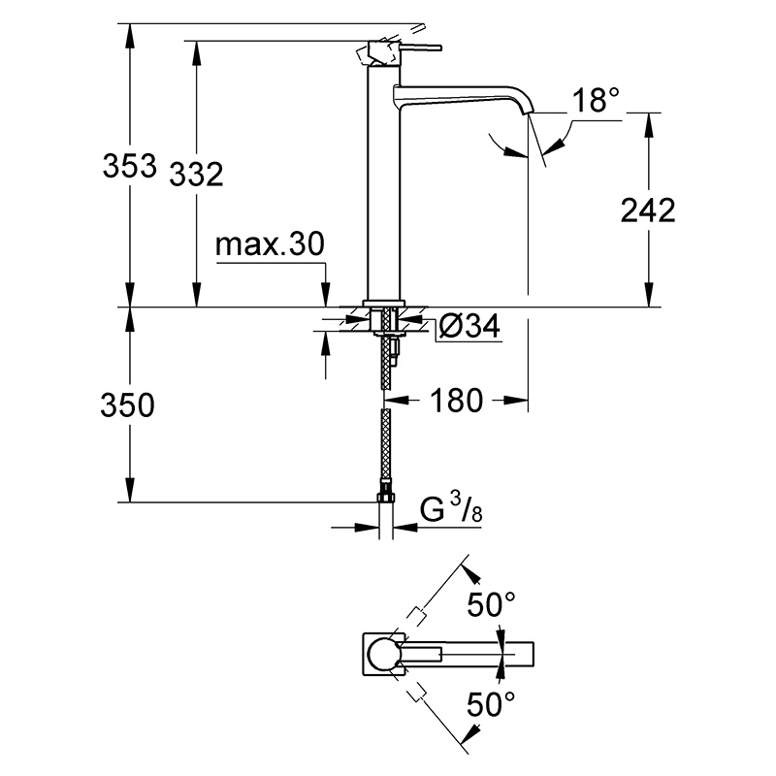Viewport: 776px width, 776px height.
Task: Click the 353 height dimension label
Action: [x=129, y=166]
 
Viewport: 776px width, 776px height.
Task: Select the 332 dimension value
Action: [x=196, y=175]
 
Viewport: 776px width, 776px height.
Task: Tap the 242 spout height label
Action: [x=648, y=210]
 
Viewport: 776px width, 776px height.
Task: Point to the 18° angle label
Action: [x=596, y=100]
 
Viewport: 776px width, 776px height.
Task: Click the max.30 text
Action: [x=271, y=243]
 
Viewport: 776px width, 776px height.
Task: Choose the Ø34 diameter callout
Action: [x=469, y=326]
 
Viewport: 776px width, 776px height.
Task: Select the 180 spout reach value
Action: [x=456, y=401]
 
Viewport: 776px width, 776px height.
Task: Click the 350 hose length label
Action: [x=127, y=404]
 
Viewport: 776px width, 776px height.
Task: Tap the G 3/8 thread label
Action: [x=451, y=507]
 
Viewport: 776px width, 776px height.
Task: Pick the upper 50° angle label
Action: [x=491, y=603]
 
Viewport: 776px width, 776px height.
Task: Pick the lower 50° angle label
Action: [x=491, y=704]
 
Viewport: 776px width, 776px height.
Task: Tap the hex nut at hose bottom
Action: [x=386, y=497]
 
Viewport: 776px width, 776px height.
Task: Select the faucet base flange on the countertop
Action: [x=384, y=304]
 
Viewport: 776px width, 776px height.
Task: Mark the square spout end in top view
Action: [x=525, y=654]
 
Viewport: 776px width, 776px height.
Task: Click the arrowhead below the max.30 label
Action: [x=326, y=294]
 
